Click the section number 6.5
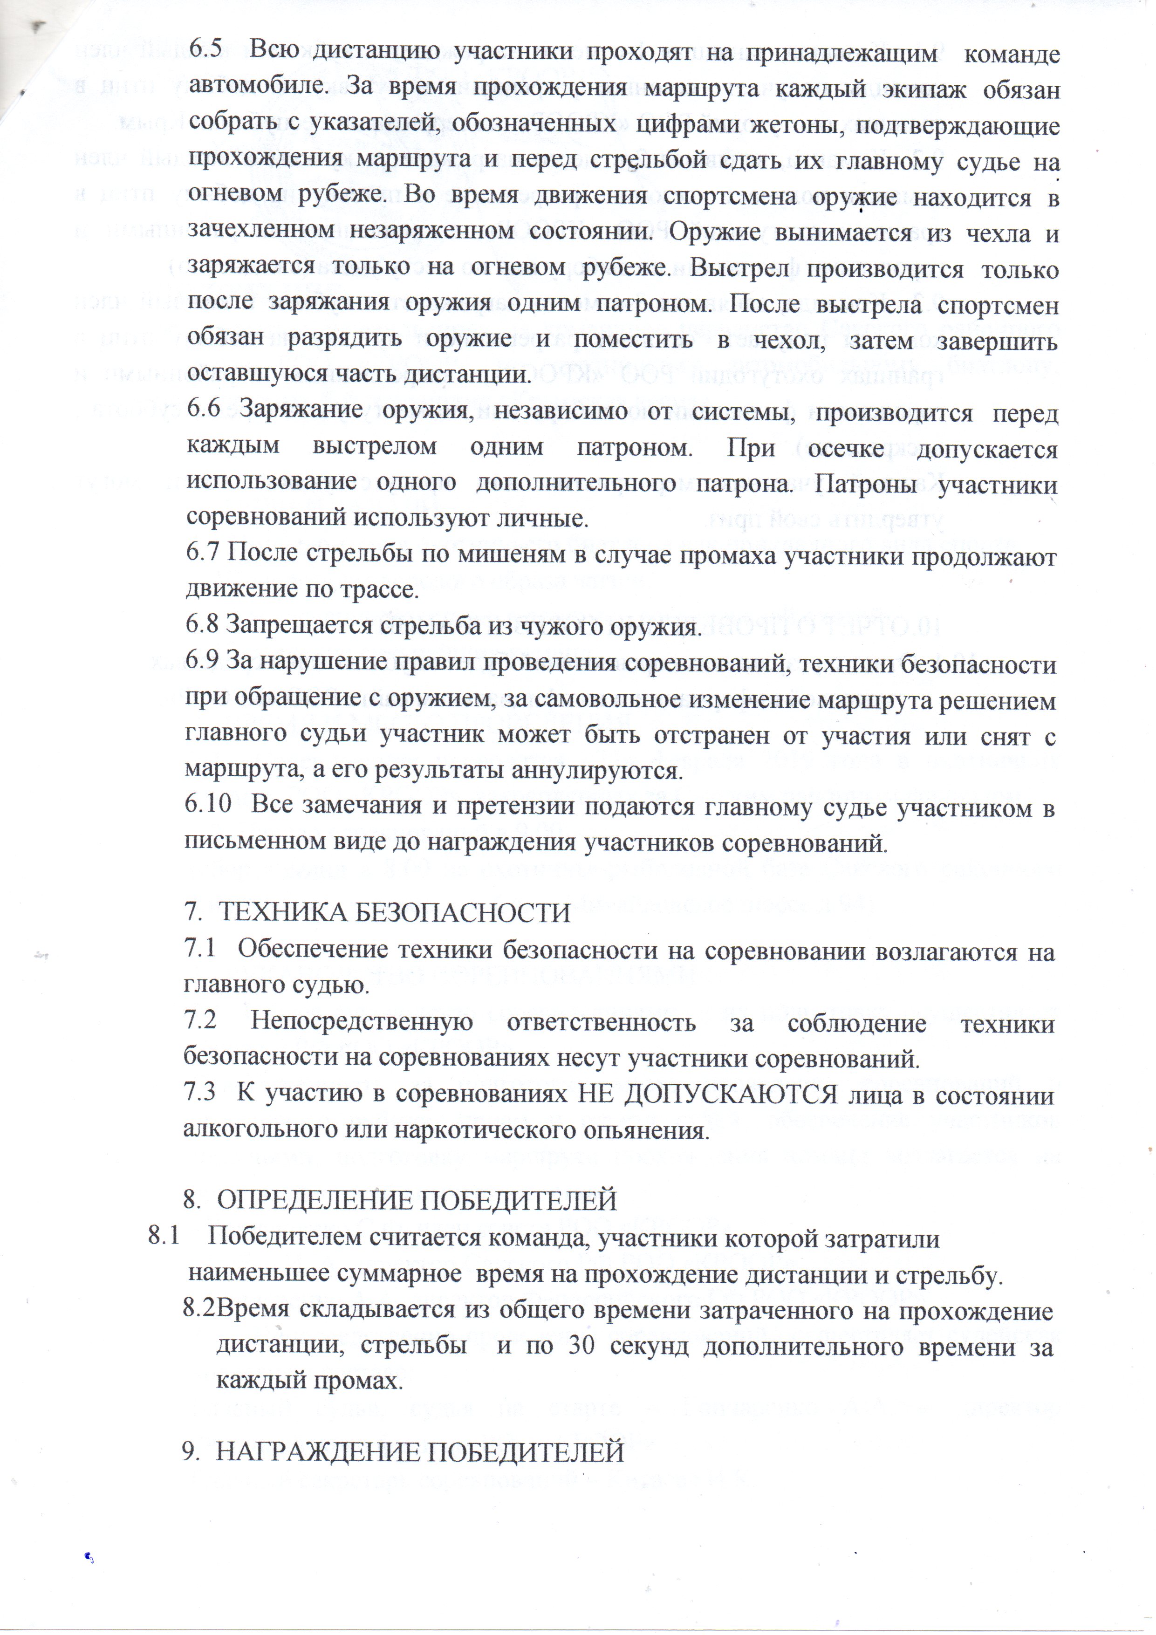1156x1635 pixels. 205,54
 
